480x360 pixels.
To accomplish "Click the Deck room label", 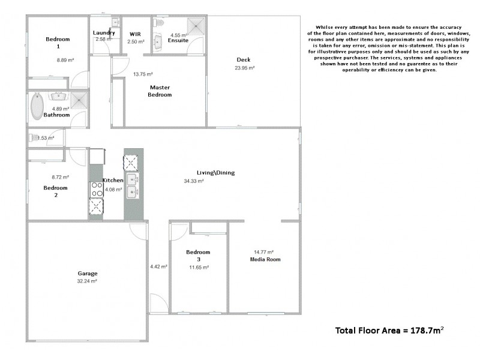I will (243, 59).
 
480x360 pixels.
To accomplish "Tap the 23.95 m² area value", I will (245, 68).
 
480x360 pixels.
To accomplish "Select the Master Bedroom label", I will (160, 91).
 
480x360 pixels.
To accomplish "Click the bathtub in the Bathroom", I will (37, 105).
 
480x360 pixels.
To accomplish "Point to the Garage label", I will (87, 273).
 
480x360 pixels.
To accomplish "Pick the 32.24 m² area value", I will (87, 281).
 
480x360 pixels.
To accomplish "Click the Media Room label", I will (265, 259).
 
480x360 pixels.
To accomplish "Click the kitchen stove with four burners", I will (97, 190).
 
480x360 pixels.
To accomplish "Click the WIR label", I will (136, 34).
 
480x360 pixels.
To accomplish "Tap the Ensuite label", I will (178, 40).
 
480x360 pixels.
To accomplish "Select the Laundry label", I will (103, 33).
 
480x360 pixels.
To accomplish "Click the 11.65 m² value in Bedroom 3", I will (198, 267).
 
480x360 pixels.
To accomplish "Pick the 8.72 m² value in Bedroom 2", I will (61, 177).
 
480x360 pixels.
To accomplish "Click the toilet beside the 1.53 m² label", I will (34, 137).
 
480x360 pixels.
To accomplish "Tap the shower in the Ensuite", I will (196, 25).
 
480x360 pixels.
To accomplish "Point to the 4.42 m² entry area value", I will (158, 266).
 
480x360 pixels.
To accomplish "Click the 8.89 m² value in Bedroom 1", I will (65, 60).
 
